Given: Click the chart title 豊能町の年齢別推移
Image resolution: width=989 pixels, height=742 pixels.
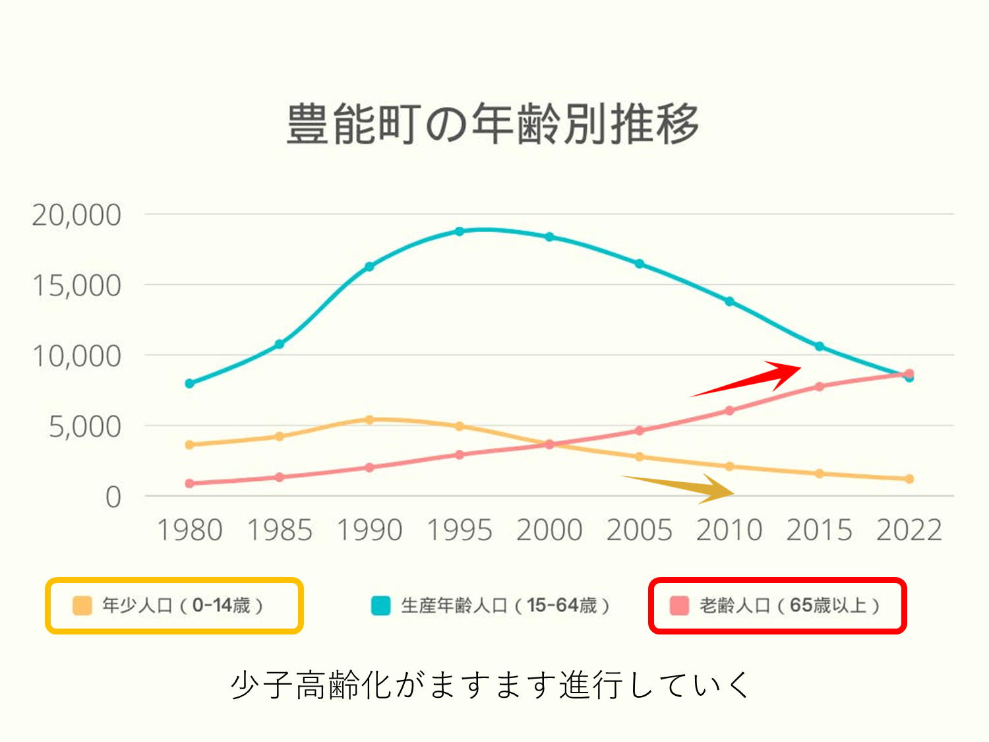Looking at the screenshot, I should tap(493, 123).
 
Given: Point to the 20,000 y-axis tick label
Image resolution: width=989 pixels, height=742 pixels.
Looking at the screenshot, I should tap(76, 215).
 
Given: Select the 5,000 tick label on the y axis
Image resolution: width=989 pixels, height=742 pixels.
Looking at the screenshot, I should tap(85, 427).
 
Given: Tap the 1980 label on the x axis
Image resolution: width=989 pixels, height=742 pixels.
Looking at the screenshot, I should tap(189, 530).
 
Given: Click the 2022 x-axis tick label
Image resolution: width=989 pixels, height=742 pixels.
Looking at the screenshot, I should tap(909, 530).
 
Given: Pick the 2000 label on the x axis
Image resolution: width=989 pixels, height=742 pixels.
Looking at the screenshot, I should tap(549, 530).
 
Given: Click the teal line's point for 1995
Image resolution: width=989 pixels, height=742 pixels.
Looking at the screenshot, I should tap(460, 232).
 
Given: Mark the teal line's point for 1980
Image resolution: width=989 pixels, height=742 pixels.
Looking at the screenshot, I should tap(190, 383).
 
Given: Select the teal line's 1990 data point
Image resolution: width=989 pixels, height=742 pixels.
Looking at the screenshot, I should tap(369, 266).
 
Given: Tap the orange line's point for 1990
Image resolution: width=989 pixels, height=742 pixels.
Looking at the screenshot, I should tap(369, 419).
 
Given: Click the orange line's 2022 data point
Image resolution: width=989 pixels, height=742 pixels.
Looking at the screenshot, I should tap(909, 479).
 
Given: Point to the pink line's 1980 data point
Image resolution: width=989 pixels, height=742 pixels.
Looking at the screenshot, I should tap(190, 483).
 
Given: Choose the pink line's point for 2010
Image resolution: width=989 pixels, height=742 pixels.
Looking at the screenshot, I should tap(729, 410).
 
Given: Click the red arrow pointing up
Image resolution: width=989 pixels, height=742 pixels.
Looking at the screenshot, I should tap(752, 379).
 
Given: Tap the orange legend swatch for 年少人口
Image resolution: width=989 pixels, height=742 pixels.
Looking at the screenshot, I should tap(82, 605).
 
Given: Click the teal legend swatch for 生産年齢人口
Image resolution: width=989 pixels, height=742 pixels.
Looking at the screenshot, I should tap(380, 605).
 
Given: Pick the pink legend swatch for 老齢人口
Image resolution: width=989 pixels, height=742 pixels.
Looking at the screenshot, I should tap(679, 605).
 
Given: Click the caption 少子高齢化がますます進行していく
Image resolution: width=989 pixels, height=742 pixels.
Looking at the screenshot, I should tap(491, 685).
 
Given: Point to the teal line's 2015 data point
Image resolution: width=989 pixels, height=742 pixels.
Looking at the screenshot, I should tap(820, 346).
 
